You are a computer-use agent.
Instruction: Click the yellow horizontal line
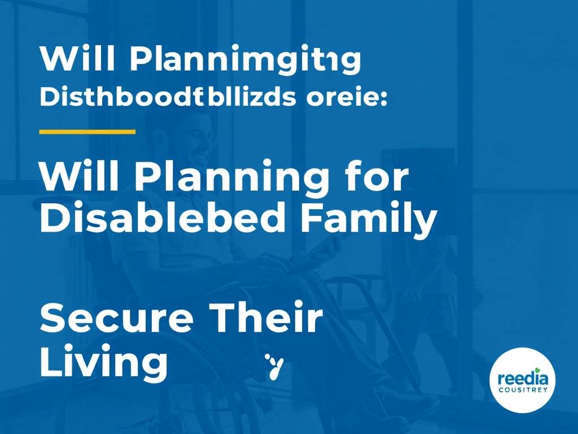pyautogui.click(x=87, y=132)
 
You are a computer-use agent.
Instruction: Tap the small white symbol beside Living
pyautogui.click(x=275, y=365)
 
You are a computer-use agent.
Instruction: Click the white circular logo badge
pyautogui.click(x=522, y=380)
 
